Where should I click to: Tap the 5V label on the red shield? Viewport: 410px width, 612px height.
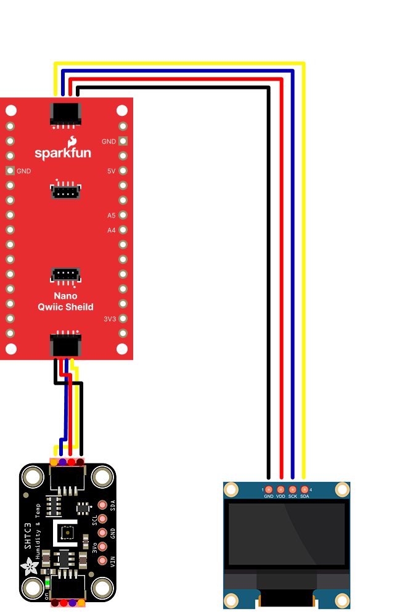(x=112, y=171)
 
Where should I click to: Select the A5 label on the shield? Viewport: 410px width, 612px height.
(x=111, y=216)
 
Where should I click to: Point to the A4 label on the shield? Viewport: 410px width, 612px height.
(x=111, y=231)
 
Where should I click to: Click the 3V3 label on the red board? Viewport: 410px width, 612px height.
(x=109, y=319)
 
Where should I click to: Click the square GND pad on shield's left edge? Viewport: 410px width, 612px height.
(x=10, y=171)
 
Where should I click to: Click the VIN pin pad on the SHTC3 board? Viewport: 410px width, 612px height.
(x=102, y=561)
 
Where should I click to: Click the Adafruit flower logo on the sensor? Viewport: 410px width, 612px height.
(x=29, y=566)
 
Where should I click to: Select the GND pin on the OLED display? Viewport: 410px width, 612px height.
(x=269, y=489)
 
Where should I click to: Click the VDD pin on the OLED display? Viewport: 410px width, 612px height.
(x=281, y=489)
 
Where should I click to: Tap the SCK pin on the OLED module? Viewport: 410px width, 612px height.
(x=292, y=489)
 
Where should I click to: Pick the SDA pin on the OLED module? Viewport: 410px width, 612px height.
(x=304, y=489)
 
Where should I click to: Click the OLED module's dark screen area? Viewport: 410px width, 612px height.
(x=287, y=534)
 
